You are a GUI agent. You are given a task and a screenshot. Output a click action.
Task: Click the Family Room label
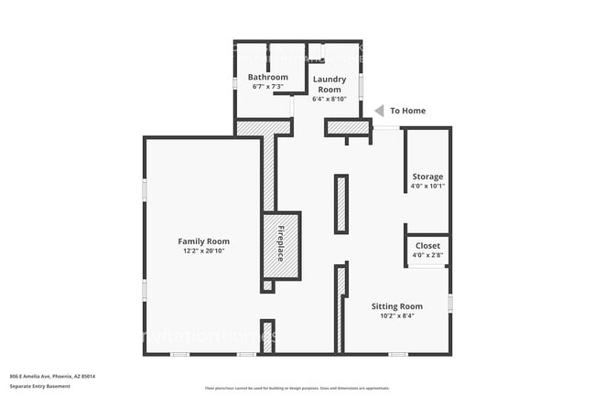point(203,241)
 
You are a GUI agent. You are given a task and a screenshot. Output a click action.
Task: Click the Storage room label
point(427,177)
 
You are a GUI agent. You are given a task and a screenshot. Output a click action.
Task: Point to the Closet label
point(427,246)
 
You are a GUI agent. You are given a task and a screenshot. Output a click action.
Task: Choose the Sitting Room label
point(396,305)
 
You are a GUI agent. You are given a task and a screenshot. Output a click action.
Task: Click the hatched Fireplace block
point(282,244)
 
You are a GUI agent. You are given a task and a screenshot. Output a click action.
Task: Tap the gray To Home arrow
point(379,111)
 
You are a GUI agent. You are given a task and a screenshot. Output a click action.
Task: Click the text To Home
point(408,111)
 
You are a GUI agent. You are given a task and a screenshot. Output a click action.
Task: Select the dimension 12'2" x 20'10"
point(203,251)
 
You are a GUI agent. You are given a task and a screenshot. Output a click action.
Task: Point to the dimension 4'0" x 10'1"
point(427,186)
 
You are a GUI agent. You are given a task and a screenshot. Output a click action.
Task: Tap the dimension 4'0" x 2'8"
point(427,255)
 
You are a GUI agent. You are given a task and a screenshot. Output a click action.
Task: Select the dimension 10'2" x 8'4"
point(396,316)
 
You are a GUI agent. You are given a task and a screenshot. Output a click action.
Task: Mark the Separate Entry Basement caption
point(41,387)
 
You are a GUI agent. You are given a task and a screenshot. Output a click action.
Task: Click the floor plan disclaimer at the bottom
point(297,388)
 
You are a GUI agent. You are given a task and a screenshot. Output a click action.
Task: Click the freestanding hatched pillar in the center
point(341,203)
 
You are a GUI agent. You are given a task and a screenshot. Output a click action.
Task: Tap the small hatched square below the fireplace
point(267,286)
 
